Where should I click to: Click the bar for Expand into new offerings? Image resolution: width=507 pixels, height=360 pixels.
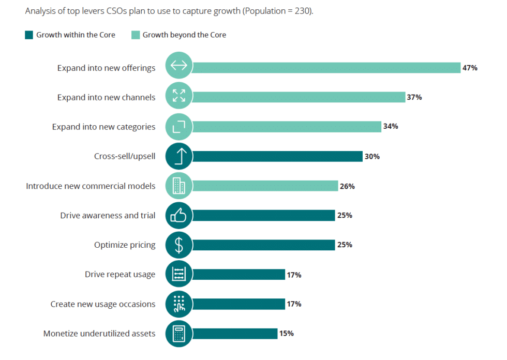[326, 68]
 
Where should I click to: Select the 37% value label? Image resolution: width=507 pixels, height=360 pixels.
[414, 97]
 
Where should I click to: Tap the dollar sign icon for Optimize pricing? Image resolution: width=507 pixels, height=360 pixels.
[179, 245]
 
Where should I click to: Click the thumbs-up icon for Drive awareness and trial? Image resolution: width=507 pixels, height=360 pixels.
[179, 216]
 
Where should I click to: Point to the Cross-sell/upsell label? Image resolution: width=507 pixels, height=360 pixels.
[125, 156]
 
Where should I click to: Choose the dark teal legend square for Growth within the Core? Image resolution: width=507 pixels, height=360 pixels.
[29, 35]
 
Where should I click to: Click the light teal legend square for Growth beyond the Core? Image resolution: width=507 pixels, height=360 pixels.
[136, 35]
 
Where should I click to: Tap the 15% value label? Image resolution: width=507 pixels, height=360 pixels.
[286, 334]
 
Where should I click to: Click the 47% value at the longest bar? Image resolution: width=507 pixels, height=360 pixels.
[470, 68]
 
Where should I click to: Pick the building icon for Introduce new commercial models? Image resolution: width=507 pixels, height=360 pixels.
[179, 186]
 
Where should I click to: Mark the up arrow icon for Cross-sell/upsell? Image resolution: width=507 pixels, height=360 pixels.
[179, 156]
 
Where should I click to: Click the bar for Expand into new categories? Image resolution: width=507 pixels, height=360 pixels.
[287, 127]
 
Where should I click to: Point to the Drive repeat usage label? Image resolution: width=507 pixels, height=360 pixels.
[120, 275]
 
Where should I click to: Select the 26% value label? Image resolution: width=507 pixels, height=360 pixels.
[347, 186]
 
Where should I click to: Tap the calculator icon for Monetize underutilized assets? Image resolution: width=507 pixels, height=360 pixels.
[179, 334]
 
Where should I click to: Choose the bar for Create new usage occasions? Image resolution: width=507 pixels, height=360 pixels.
[238, 304]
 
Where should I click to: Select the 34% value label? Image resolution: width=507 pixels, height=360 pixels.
[391, 127]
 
